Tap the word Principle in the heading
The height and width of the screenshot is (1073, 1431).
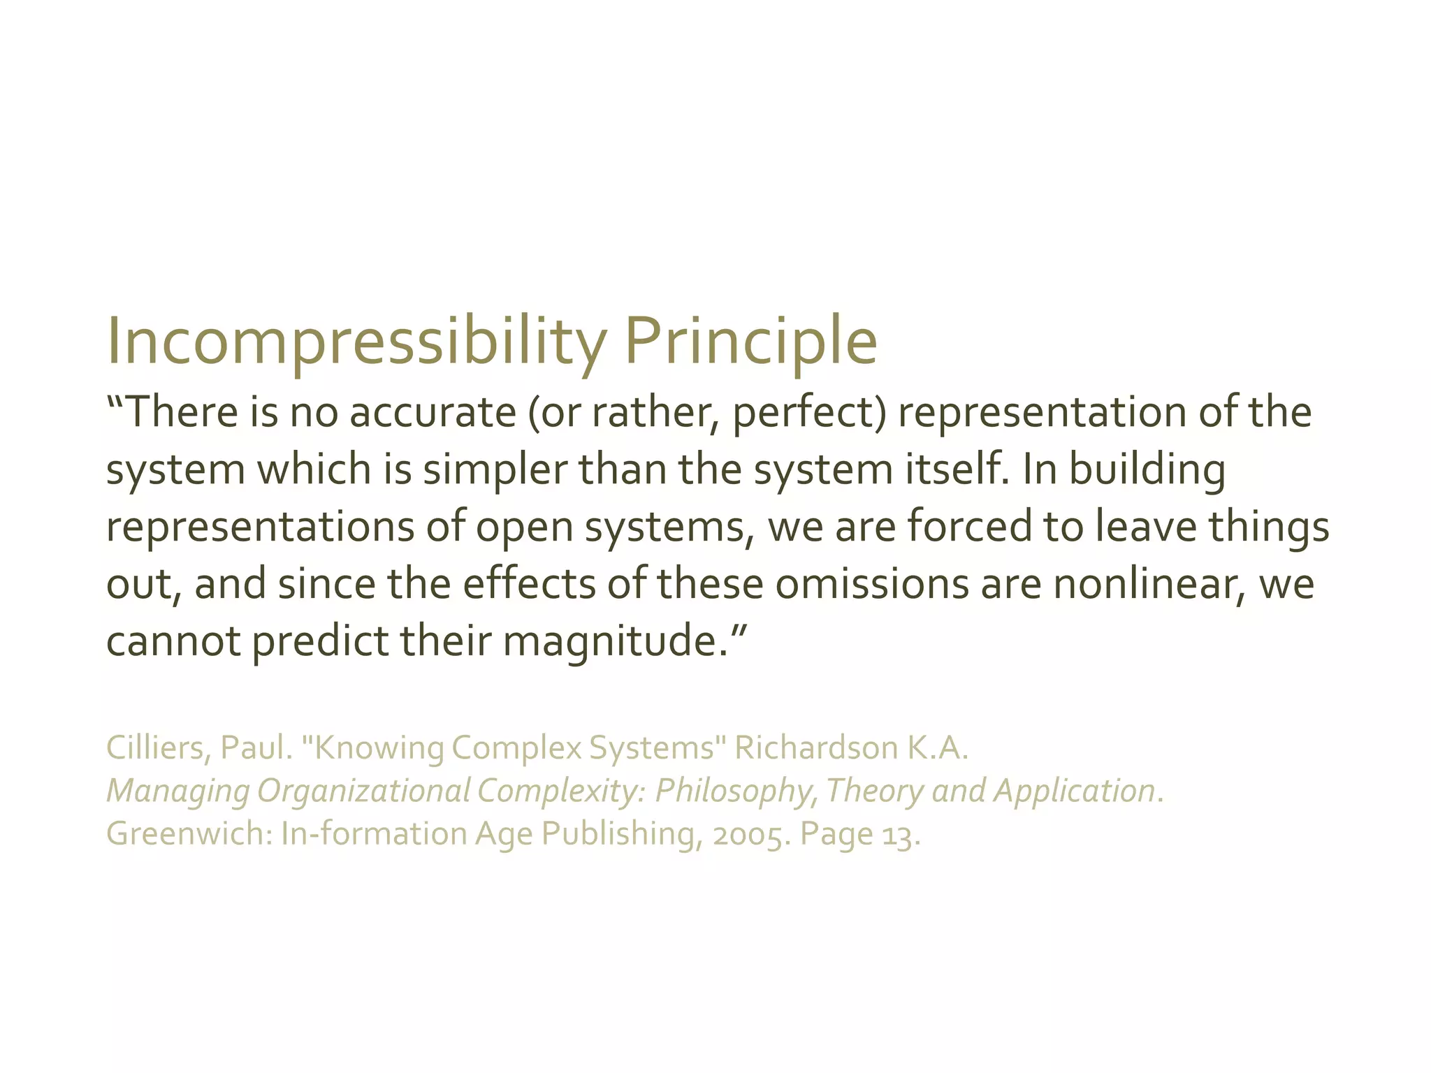pos(750,342)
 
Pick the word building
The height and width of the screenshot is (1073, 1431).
pos(1147,469)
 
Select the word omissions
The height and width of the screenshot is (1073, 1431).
pos(872,584)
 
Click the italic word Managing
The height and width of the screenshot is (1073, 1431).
pos(177,791)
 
